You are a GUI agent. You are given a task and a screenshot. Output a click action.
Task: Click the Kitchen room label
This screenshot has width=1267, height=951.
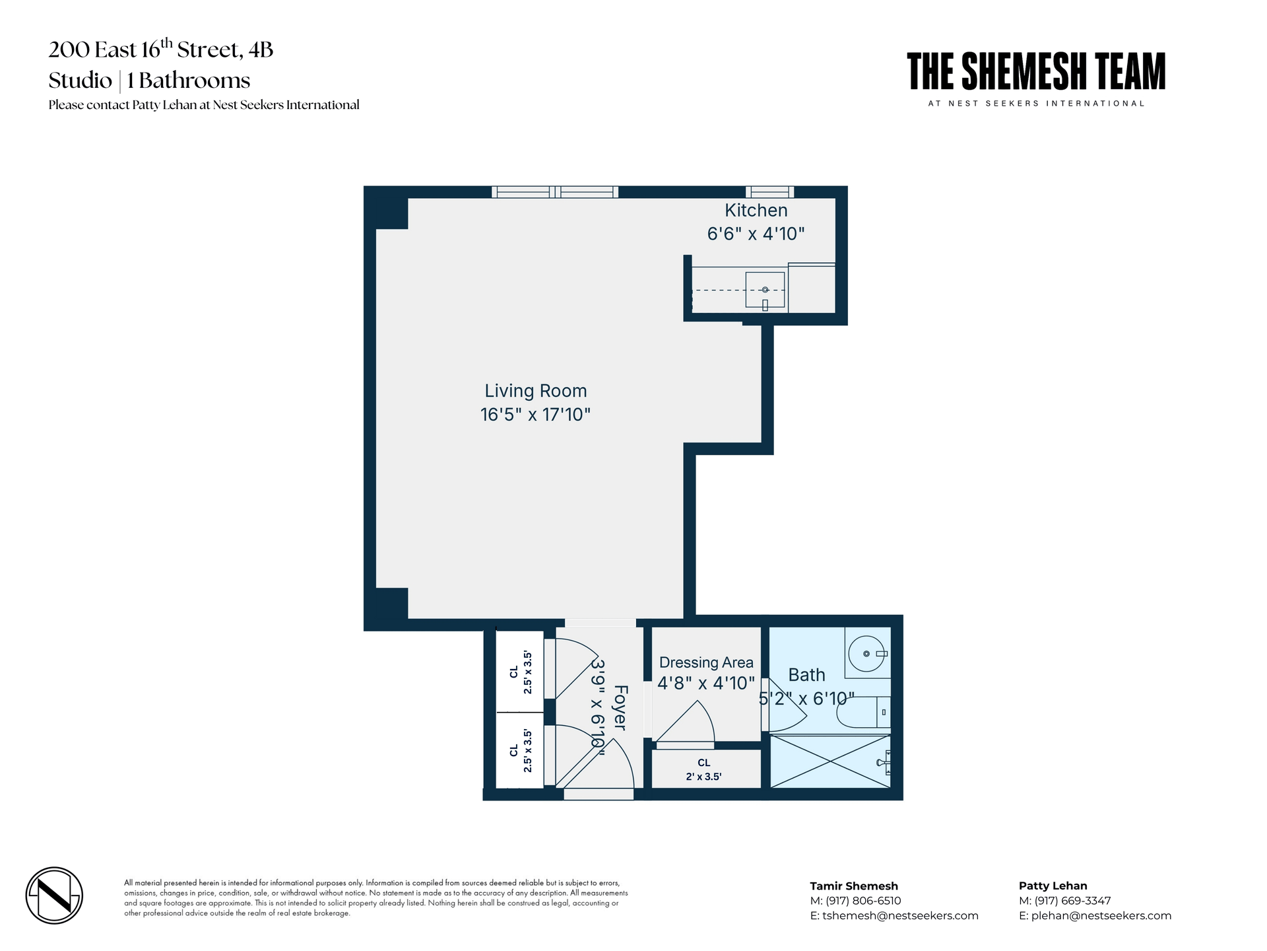pyautogui.click(x=756, y=211)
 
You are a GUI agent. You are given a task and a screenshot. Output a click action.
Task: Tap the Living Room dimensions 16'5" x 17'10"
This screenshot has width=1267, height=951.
pyautogui.click(x=535, y=415)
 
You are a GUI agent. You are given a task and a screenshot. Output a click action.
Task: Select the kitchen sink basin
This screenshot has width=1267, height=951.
pyautogui.click(x=765, y=290)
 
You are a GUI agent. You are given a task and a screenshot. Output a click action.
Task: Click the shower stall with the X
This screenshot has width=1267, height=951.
pyautogui.click(x=829, y=761)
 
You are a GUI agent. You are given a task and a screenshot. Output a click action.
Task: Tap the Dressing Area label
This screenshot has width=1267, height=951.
pyautogui.click(x=706, y=662)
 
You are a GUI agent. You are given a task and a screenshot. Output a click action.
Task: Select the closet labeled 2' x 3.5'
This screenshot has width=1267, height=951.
pyautogui.click(x=704, y=769)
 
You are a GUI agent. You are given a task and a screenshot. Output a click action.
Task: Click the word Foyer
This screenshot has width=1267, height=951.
pyautogui.click(x=620, y=707)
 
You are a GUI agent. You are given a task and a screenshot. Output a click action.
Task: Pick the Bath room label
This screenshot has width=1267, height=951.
pyautogui.click(x=806, y=675)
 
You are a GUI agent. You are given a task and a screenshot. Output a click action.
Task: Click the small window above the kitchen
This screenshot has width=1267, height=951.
pyautogui.click(x=769, y=192)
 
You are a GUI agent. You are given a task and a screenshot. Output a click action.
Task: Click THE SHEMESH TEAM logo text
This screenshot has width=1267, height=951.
pyautogui.click(x=1036, y=72)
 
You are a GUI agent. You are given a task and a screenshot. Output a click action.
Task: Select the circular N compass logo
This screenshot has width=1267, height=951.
pyautogui.click(x=54, y=896)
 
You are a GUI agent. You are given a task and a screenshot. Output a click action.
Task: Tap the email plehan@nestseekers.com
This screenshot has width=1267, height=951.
pyautogui.click(x=1101, y=915)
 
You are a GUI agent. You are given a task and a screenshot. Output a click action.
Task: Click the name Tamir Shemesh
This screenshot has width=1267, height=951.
pyautogui.click(x=854, y=886)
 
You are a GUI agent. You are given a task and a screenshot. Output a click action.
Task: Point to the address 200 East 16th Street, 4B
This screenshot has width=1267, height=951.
pyautogui.click(x=160, y=50)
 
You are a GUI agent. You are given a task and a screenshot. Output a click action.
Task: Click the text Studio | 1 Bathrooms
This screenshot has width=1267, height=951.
pyautogui.click(x=149, y=81)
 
